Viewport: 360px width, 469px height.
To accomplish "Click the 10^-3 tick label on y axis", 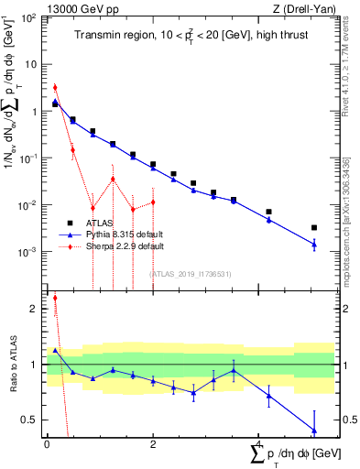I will tap(29, 252).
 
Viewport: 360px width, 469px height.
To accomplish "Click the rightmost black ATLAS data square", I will tap(314, 227).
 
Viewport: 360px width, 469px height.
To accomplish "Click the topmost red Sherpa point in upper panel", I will tap(55, 88).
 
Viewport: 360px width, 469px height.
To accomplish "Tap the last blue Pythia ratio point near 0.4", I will tap(314, 430).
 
